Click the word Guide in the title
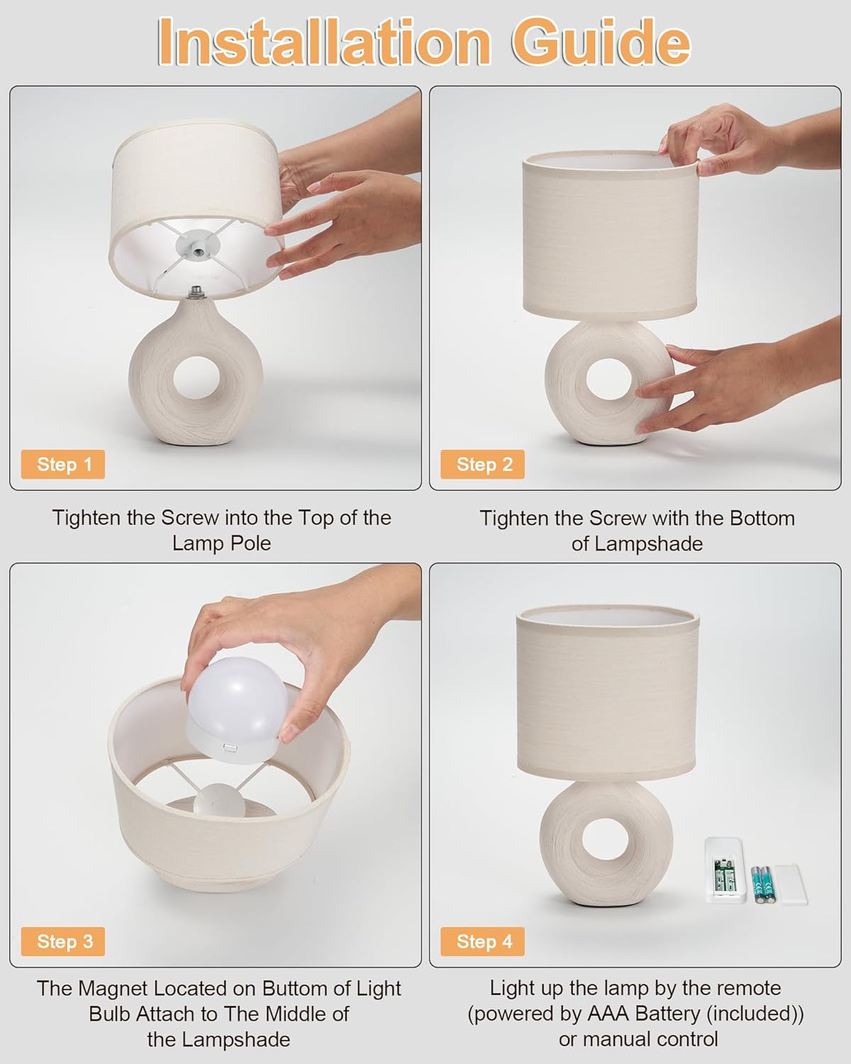click(601, 42)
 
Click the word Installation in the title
click(324, 42)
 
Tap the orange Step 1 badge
click(63, 465)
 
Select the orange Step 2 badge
click(483, 465)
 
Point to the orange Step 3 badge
click(63, 941)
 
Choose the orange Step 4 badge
click(483, 941)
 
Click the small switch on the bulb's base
click(230, 748)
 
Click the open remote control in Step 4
click(725, 870)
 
